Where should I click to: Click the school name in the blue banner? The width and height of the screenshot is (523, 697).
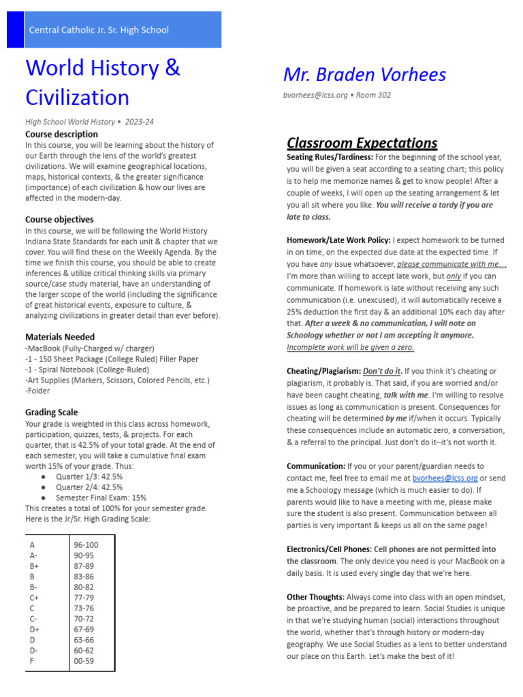pos(99,30)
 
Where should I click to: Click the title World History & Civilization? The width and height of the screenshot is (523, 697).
pos(102,82)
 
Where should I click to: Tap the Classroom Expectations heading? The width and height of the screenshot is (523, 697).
pos(362,143)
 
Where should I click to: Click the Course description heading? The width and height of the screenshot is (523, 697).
pos(61,134)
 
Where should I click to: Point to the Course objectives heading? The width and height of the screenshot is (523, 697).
pos(59,219)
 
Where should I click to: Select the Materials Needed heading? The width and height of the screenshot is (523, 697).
pos(60,337)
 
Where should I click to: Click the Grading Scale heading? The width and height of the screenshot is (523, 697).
pos(52,412)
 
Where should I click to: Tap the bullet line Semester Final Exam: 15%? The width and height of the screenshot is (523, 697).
pos(101,498)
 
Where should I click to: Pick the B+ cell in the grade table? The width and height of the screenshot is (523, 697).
pos(34,566)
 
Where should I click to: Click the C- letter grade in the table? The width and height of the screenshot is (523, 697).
pos(33,618)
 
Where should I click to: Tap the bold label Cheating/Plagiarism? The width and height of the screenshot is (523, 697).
pos(323,371)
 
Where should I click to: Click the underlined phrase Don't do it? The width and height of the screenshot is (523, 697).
pos(382,371)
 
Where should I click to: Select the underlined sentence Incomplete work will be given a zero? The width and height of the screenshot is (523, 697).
pos(350,346)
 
